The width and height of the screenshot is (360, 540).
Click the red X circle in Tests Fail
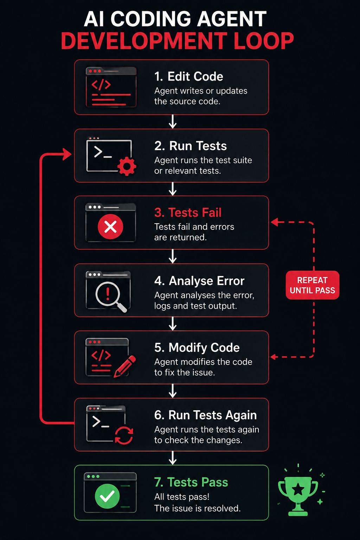click(x=110, y=226)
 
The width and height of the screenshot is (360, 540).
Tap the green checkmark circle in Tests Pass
click(x=107, y=496)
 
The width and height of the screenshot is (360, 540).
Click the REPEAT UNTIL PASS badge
click(x=312, y=285)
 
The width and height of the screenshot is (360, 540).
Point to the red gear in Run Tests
click(x=127, y=166)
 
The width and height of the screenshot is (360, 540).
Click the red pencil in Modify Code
click(x=124, y=366)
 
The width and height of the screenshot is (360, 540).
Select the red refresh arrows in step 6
click(x=124, y=435)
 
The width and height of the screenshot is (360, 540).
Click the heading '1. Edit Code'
click(x=188, y=76)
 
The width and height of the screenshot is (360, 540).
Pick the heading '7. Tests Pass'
click(x=191, y=482)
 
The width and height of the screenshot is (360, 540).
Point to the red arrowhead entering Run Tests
click(x=67, y=154)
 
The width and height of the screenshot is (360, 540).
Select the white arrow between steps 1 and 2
click(x=173, y=122)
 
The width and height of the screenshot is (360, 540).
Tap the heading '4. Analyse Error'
click(x=199, y=281)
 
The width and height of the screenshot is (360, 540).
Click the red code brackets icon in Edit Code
click(x=101, y=85)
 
